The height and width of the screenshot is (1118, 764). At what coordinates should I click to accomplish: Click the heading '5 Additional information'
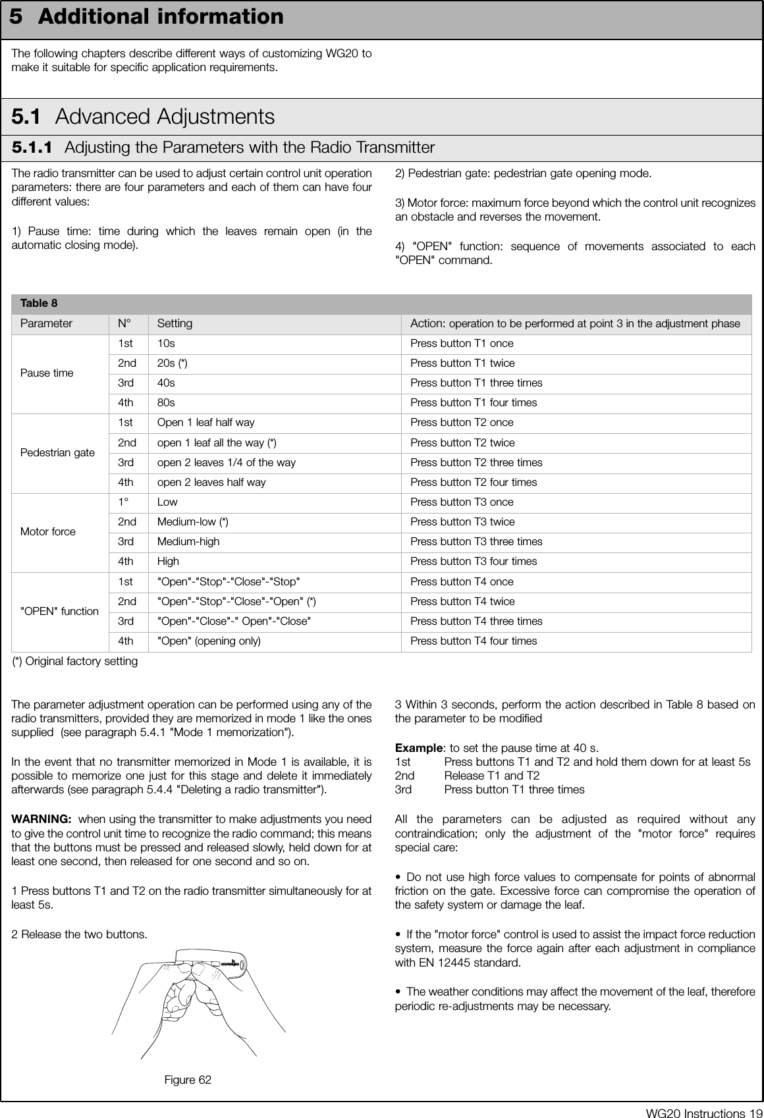click(147, 17)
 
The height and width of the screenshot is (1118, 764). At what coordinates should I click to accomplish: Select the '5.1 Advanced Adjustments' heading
click(143, 117)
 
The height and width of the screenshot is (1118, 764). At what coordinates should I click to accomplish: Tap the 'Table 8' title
click(39, 304)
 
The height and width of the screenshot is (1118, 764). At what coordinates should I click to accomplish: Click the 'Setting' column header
click(175, 323)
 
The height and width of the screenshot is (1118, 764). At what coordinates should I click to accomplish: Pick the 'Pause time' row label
click(47, 373)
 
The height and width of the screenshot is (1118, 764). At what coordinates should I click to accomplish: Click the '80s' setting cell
click(166, 402)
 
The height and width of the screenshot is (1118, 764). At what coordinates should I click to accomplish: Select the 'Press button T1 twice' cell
click(462, 363)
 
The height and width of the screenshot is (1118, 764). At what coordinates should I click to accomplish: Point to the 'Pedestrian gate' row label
click(58, 452)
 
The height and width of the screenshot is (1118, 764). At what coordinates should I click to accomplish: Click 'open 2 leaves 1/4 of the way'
click(226, 462)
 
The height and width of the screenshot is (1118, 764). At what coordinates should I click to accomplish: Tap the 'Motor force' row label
click(48, 531)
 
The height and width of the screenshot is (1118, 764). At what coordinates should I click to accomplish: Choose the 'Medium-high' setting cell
click(188, 541)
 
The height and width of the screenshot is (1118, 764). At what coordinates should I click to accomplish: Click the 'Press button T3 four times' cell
click(474, 561)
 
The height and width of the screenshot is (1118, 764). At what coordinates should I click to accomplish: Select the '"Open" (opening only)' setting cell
click(208, 641)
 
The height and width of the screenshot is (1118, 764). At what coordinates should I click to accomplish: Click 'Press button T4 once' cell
click(462, 581)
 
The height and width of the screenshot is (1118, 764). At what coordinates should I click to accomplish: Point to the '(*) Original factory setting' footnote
click(75, 661)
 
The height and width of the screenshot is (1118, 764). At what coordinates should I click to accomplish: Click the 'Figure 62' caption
click(188, 1080)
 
